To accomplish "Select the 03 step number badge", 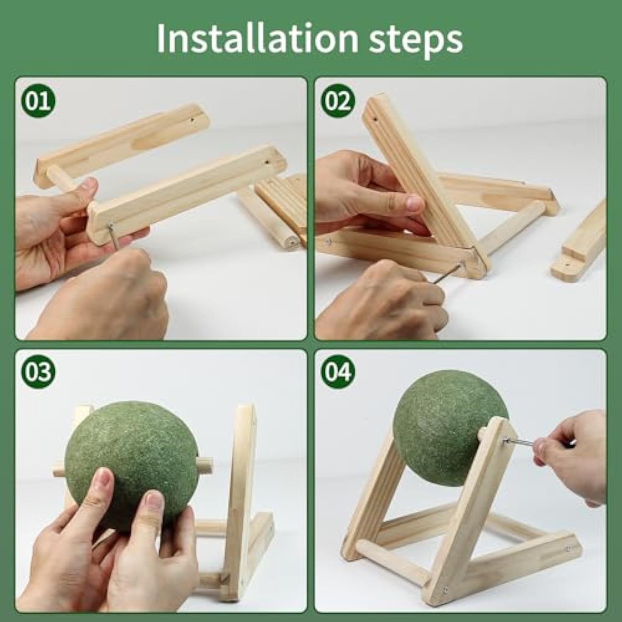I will point(38,372).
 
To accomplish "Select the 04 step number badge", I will point(338,372).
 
